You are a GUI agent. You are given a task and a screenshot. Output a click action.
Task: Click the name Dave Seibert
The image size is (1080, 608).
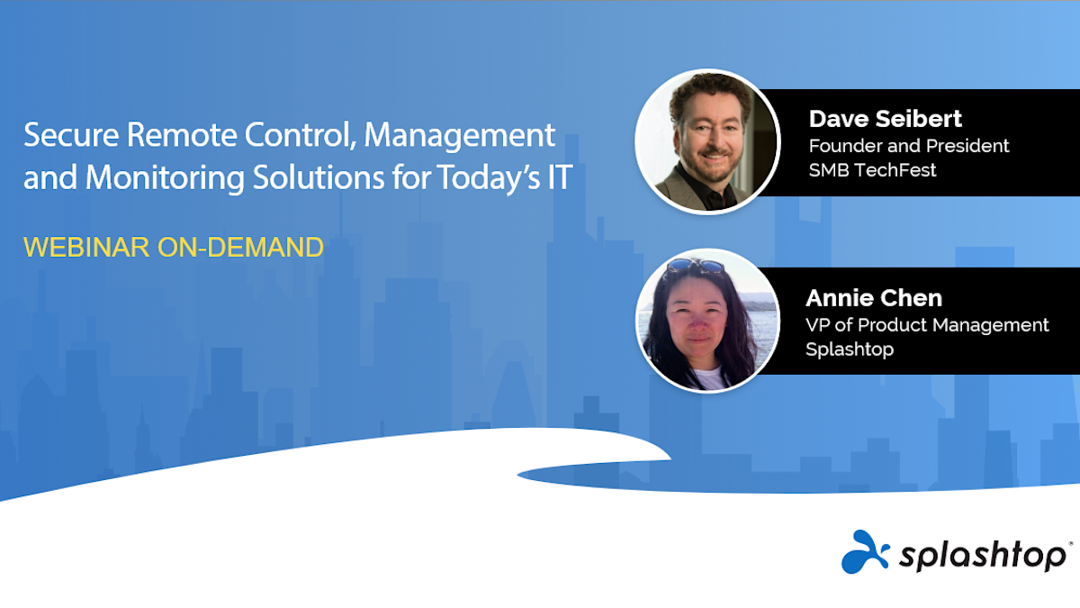886,119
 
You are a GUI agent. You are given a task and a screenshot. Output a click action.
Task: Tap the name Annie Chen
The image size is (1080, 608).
874,298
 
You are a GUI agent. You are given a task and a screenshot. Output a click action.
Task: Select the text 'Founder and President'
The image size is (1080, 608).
909,146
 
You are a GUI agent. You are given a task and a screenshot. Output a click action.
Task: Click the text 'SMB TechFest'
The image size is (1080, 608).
872,170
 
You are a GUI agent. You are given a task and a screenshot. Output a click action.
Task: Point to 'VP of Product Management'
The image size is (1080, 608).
927,325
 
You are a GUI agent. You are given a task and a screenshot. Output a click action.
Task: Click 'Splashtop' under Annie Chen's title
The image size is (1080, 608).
850,349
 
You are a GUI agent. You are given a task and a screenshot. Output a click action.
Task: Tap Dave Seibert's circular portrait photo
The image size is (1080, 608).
707,141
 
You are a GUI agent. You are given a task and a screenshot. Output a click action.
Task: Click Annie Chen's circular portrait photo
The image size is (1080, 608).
707,321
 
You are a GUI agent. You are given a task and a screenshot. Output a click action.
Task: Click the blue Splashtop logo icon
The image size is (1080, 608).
865,552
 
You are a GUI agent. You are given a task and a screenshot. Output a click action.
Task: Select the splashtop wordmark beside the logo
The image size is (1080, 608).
983,556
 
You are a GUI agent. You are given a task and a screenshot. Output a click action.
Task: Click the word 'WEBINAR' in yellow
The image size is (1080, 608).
86,247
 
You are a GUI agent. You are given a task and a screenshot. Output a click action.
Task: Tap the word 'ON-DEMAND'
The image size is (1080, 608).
240,247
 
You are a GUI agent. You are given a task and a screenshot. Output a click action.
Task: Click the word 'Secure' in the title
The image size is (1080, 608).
71,134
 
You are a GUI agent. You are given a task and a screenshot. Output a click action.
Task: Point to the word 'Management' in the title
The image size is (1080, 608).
460,134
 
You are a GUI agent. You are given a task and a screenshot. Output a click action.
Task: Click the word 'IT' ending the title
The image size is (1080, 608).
560,177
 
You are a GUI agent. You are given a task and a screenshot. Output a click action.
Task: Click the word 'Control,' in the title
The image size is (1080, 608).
301,135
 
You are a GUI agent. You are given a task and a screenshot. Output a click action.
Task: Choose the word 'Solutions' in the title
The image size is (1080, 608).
319,177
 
